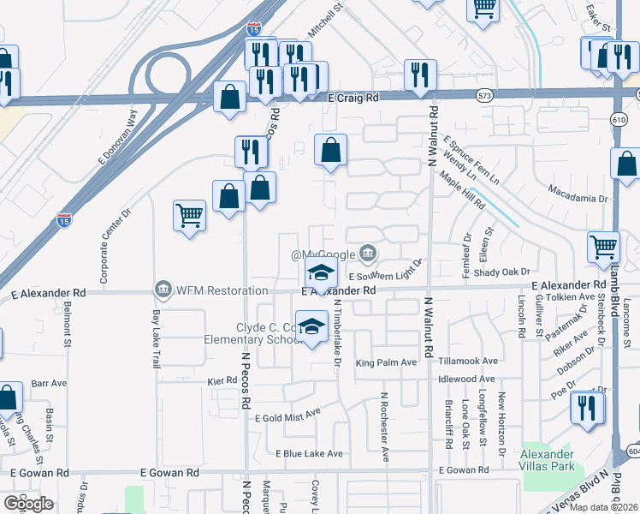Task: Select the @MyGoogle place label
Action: (x=323, y=255)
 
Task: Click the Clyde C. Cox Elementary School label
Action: (x=266, y=333)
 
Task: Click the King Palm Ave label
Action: (x=386, y=362)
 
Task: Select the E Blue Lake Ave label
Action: (x=309, y=453)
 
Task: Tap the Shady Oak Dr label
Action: (x=497, y=272)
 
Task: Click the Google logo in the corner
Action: (x=29, y=503)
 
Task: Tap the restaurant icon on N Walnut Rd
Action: (x=420, y=74)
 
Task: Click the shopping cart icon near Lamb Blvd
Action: (x=604, y=248)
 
